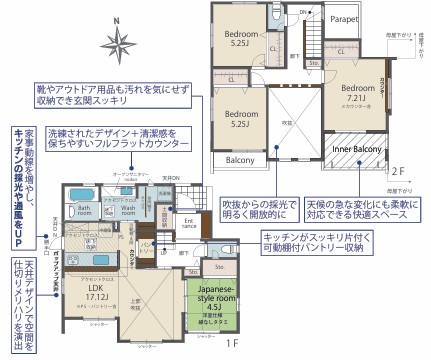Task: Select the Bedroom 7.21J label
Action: (357, 91)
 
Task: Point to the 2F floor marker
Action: (398, 172)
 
